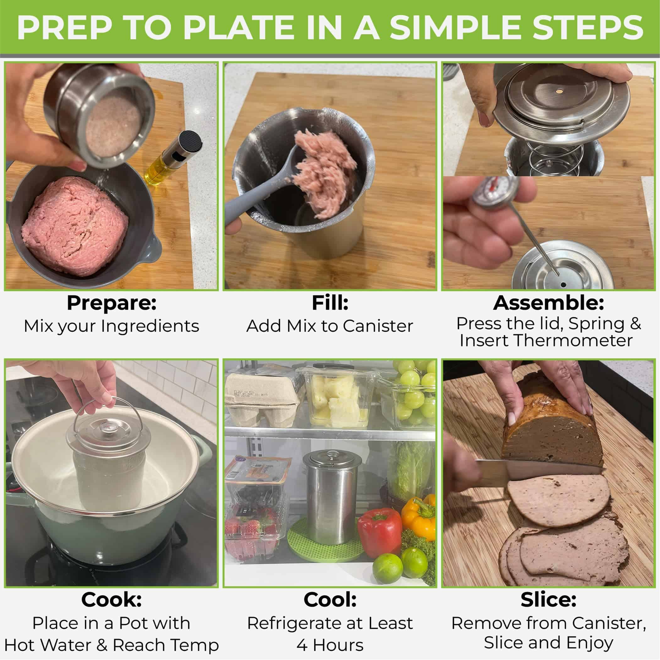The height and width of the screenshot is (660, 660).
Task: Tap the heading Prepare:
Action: pos(112,303)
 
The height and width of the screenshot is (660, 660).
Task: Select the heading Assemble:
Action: pos(548,303)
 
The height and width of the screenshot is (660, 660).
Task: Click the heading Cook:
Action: pos(112,600)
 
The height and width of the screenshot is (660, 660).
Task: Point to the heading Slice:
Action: pos(548,600)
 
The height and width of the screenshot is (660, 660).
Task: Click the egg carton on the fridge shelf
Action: pos(261,400)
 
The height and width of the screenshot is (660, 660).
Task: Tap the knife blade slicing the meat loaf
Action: pos(540,469)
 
